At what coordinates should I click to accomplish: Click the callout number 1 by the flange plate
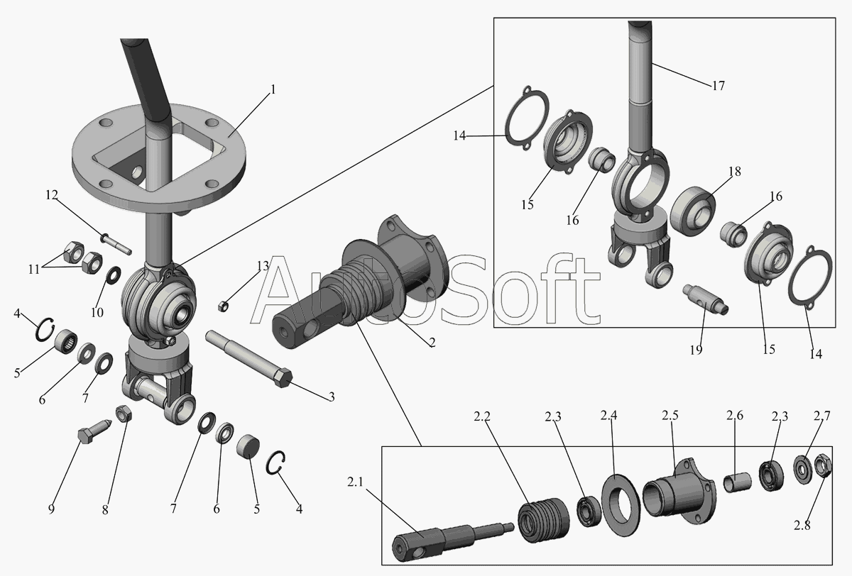pyautogui.click(x=273, y=90)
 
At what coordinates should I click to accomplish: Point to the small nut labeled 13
pyautogui.click(x=222, y=306)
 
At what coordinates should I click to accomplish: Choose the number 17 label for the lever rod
pyautogui.click(x=717, y=86)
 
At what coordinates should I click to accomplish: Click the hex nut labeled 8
pyautogui.click(x=121, y=413)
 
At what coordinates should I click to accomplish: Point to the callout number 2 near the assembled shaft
pyautogui.click(x=432, y=342)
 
